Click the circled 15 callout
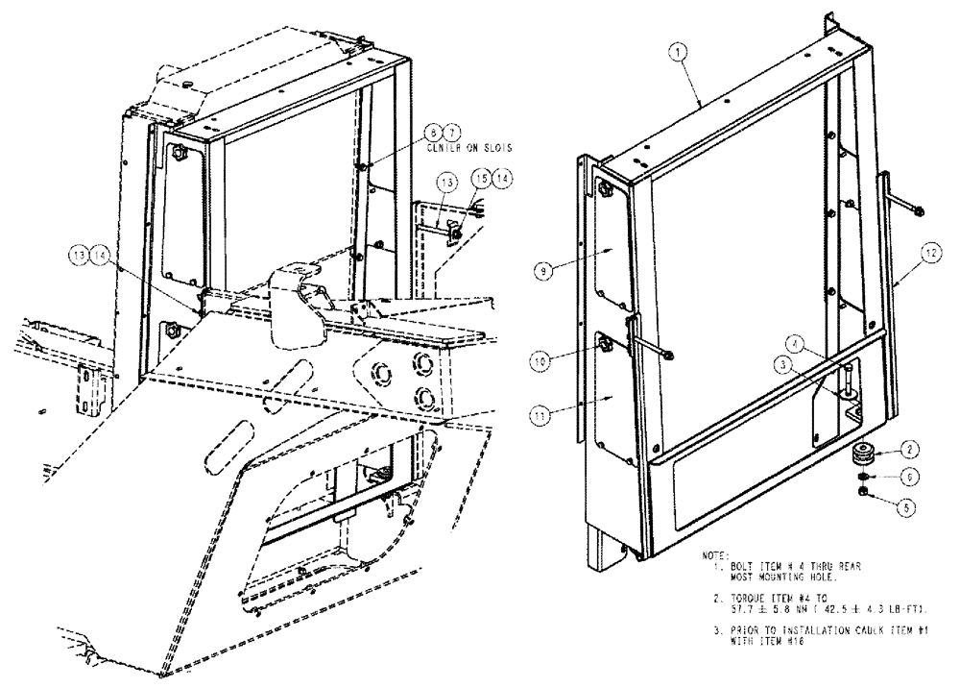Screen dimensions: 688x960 [480, 178]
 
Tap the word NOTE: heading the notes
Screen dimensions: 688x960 [716, 555]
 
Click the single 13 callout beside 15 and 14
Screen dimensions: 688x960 [447, 183]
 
